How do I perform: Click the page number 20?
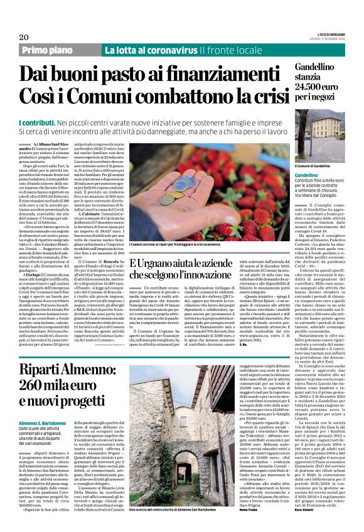[x=41, y=37]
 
